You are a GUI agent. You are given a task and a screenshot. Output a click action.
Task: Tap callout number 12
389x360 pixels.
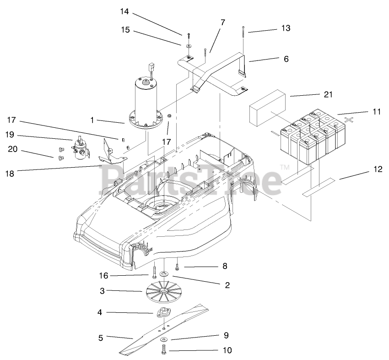[377, 169]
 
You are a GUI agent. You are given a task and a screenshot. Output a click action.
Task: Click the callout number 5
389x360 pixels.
[100, 338]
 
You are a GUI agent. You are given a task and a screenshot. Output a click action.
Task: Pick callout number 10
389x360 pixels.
[227, 351]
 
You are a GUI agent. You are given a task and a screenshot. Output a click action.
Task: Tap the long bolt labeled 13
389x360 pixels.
[243, 46]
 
